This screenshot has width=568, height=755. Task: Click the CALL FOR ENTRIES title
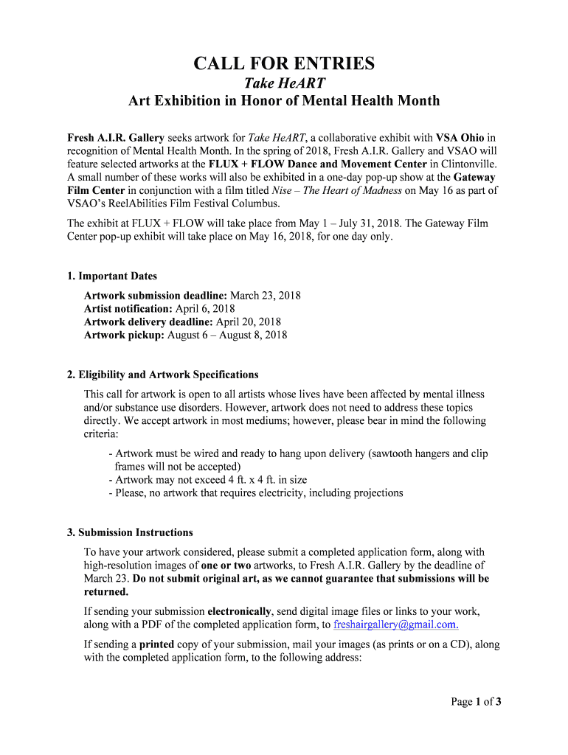284,63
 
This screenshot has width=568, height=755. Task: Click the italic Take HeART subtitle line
284,83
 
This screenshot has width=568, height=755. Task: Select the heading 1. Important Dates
112,276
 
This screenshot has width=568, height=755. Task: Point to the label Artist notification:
128,309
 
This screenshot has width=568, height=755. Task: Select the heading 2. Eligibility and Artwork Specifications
163,375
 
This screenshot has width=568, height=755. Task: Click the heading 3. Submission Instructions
130,532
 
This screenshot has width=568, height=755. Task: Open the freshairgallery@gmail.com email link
396,624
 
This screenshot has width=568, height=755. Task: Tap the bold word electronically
240,611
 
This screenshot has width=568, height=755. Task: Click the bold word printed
156,644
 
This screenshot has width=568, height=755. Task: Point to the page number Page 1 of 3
477,702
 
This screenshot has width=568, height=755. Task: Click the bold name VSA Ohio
461,138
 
